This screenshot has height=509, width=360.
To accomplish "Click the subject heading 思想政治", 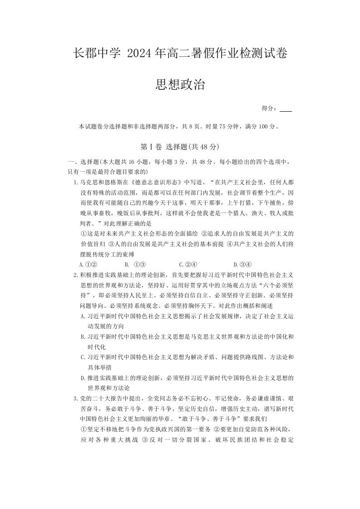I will pyautogui.click(x=180, y=84).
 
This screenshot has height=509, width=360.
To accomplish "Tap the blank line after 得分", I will pyautogui.click(x=286, y=109).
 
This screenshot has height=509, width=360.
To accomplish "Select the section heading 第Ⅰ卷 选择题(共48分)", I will pyautogui.click(x=180, y=147).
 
